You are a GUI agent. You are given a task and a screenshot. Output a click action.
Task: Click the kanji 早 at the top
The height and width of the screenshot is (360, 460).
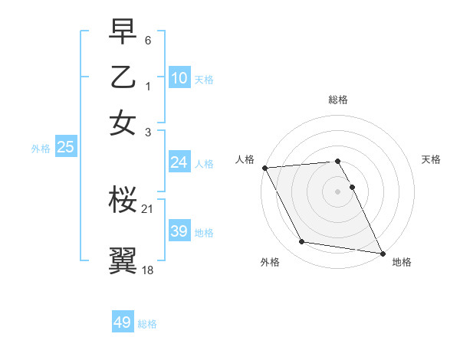[x=123, y=34]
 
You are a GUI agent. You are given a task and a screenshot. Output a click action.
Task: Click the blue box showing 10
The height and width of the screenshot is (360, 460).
[x=179, y=77]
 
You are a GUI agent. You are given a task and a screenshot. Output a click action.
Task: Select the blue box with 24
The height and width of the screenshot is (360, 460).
[x=179, y=162]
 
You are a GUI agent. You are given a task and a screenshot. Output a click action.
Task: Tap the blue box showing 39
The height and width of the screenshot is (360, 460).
[x=179, y=231]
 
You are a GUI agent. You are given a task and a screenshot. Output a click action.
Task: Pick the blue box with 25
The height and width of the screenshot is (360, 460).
[x=65, y=148]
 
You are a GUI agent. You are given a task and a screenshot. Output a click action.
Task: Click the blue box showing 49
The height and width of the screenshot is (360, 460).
[x=123, y=322]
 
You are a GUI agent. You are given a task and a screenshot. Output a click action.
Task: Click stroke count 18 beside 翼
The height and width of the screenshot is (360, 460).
[x=148, y=269]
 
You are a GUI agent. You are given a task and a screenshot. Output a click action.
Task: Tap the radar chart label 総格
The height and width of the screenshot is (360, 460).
[x=337, y=100]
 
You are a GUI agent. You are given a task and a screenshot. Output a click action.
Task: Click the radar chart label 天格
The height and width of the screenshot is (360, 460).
[x=431, y=159]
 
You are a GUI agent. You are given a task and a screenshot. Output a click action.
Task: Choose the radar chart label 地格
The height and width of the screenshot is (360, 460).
[x=402, y=262]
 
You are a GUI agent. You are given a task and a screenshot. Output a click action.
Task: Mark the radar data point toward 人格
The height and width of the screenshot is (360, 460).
[x=264, y=168]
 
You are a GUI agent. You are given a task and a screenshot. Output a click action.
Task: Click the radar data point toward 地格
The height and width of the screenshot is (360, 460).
[x=382, y=252]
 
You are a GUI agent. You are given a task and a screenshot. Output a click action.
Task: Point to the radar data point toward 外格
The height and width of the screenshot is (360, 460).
[x=302, y=242]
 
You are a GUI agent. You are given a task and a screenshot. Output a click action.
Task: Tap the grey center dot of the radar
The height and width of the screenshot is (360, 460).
[x=337, y=191]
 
